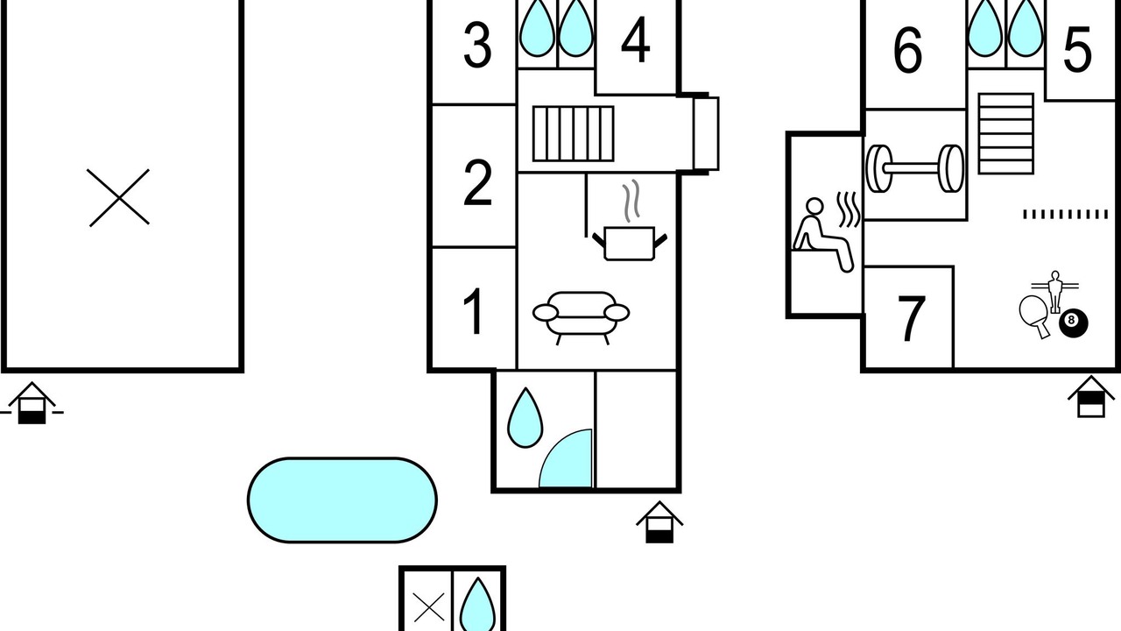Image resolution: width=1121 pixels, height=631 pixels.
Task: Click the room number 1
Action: click(473, 311)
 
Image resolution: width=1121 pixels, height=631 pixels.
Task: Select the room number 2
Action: click(477, 183)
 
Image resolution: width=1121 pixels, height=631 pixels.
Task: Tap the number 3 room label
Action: click(477, 46)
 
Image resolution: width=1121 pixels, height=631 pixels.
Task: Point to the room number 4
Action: click(636, 39)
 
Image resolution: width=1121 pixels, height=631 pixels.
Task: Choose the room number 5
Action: click(1077, 50)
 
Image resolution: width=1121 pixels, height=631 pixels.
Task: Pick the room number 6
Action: click(907, 50)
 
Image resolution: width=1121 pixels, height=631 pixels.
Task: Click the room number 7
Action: click(912, 318)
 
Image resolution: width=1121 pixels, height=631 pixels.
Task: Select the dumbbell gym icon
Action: click(915, 169)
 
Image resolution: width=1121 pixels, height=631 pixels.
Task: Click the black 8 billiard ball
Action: click(1073, 323)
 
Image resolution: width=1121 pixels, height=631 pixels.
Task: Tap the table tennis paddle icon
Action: click(1035, 315)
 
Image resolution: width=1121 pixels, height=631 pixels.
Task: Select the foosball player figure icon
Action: click(1055, 292)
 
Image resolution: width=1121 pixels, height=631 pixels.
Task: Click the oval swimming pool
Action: click(342, 500)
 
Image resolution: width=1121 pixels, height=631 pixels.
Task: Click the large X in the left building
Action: click(119, 197)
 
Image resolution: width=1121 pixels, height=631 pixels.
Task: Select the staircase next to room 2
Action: click(573, 134)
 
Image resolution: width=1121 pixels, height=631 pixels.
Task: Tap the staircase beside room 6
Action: click(1006, 134)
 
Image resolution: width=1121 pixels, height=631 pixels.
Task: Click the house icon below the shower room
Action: click(659, 521)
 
